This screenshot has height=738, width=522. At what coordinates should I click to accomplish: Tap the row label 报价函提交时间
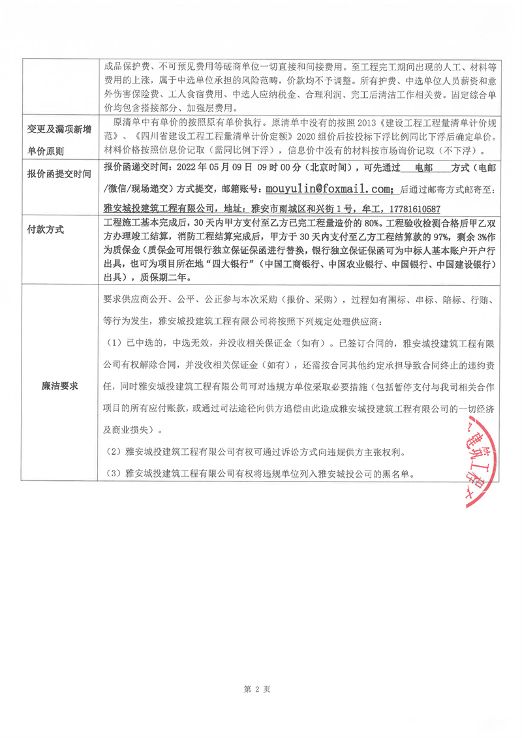tap(59, 174)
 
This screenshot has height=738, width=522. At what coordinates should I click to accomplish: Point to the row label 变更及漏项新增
tap(59, 130)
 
